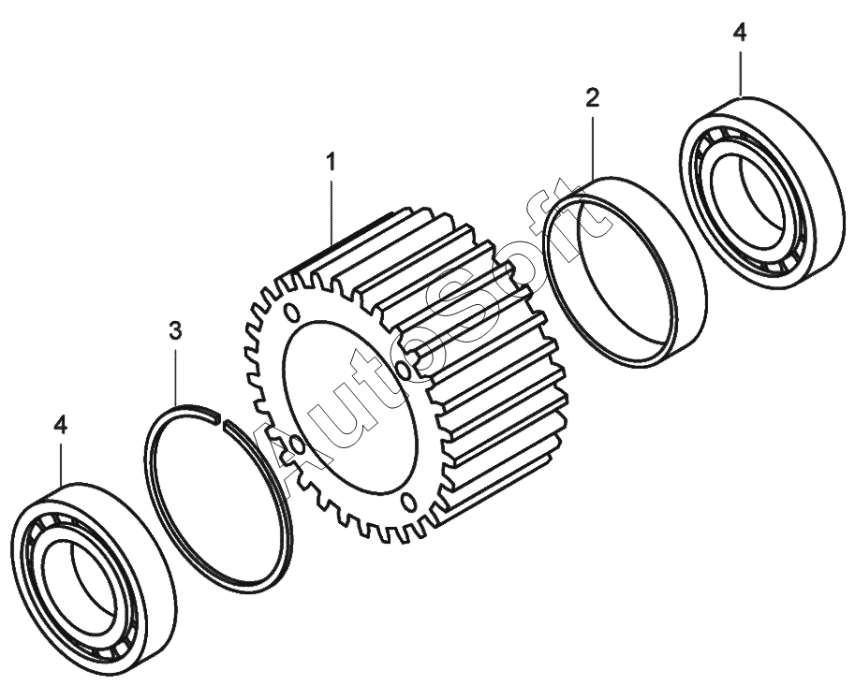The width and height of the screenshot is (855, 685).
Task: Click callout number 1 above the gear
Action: tap(331, 162)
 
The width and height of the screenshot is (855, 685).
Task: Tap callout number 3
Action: tap(175, 330)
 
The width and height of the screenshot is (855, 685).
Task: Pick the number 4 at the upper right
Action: tap(739, 33)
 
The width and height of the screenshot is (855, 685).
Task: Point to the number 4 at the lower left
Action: tap(61, 425)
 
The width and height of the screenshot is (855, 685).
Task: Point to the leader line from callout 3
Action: tap(176, 374)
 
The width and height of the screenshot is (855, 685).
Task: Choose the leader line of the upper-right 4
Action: tap(740, 70)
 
